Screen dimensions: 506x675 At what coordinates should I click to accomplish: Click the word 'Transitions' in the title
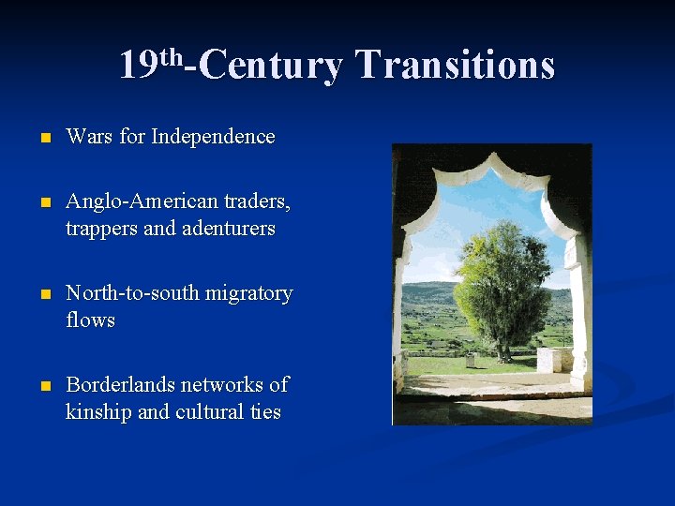tap(456, 66)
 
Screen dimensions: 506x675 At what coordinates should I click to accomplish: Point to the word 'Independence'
tap(213, 137)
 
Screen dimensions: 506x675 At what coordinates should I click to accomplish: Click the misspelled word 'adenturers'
tap(228, 229)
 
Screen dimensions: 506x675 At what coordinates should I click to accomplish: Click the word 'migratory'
tap(248, 293)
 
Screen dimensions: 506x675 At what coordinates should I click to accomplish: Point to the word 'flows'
tap(90, 320)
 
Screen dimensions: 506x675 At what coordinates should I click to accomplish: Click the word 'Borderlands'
tap(120, 385)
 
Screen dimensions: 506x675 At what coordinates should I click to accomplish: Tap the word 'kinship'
tap(98, 412)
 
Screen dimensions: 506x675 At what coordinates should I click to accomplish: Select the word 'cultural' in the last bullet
tap(207, 411)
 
